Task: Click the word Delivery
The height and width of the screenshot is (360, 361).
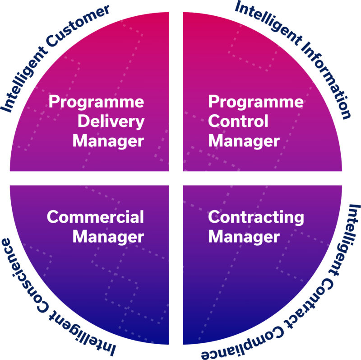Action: pyautogui.click(x=111, y=122)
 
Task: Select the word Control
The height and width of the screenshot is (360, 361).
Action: pyautogui.click(x=238, y=121)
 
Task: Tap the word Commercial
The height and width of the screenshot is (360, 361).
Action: pyautogui.click(x=95, y=217)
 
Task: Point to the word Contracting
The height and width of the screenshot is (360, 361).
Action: pyautogui.click(x=256, y=218)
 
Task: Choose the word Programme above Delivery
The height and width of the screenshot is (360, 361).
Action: pyautogui.click(x=96, y=102)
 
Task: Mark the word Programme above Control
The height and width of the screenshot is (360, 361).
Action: pyautogui.click(x=256, y=102)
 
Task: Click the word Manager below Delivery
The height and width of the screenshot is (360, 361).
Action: pyautogui.click(x=108, y=141)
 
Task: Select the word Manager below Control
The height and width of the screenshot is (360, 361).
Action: pyautogui.click(x=244, y=141)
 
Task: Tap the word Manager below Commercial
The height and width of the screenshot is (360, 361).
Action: pyautogui.click(x=108, y=237)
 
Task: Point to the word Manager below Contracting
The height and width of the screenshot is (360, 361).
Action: pyautogui.click(x=244, y=237)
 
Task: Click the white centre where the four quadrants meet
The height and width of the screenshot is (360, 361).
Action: pyautogui.click(x=176, y=178)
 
